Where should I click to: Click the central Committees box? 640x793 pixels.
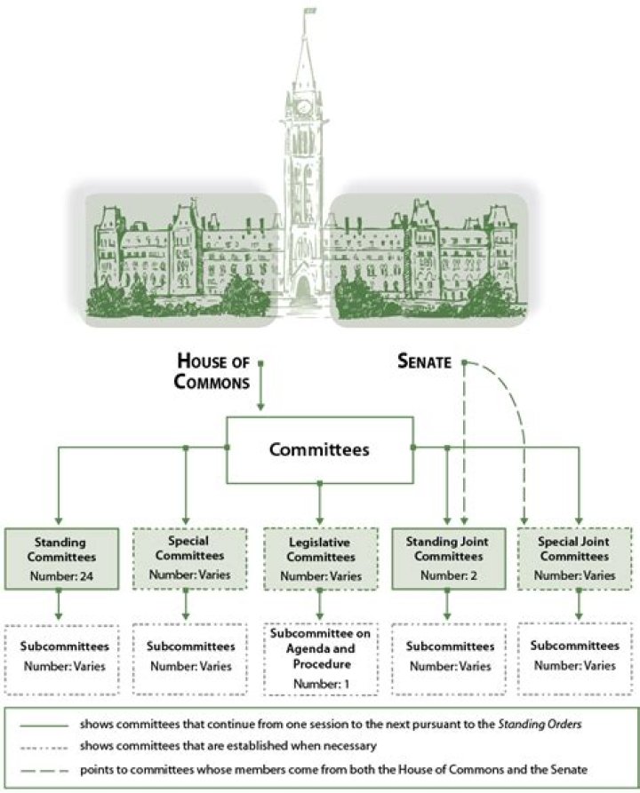[x=320, y=449]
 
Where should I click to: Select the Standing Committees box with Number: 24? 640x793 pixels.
[x=60, y=558]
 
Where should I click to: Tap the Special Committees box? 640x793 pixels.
[x=186, y=557]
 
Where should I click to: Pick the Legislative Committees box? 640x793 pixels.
[x=320, y=558]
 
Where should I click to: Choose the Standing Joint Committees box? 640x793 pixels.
[x=447, y=558]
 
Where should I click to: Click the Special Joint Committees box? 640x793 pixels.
[x=575, y=558]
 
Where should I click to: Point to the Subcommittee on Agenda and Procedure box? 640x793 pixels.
[x=320, y=658]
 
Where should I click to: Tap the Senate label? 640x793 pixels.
[x=425, y=362]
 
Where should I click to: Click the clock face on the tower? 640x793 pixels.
[x=304, y=107]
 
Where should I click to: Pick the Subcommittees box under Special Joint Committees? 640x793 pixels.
[x=575, y=655]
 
